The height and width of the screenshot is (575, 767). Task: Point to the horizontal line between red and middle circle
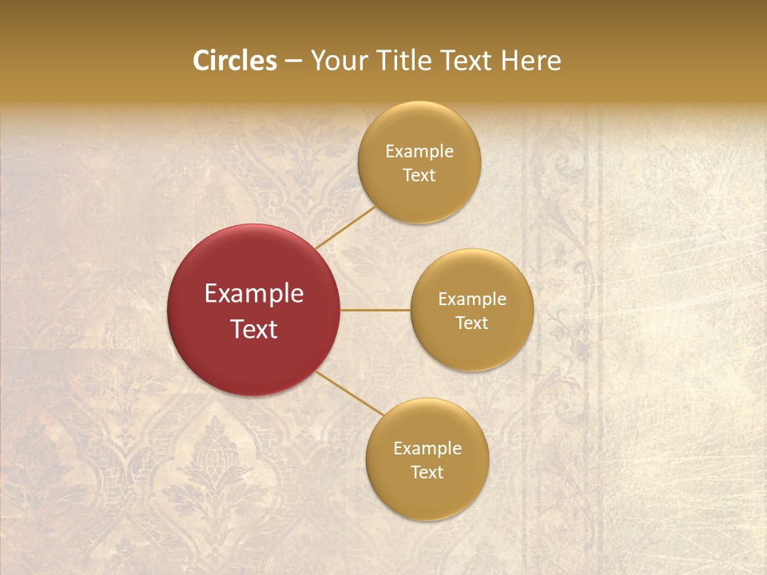pos(376,310)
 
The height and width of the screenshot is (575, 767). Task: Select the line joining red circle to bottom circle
pos(350,393)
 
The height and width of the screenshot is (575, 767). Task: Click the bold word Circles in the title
pos(235,61)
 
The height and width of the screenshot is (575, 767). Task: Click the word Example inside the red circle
pos(254,294)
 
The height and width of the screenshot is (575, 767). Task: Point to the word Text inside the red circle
pos(254,329)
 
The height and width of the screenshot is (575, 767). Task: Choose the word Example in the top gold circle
pos(419,152)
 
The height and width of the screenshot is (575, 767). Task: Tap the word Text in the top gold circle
pos(419,176)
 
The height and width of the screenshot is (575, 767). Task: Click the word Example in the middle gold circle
pos(471,299)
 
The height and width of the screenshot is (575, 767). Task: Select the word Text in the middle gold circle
pos(471,323)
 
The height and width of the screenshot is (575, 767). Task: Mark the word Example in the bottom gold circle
pos(427,449)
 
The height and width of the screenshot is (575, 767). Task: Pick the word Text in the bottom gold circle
pos(427,473)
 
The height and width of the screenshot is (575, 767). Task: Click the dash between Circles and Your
pos(293,61)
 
